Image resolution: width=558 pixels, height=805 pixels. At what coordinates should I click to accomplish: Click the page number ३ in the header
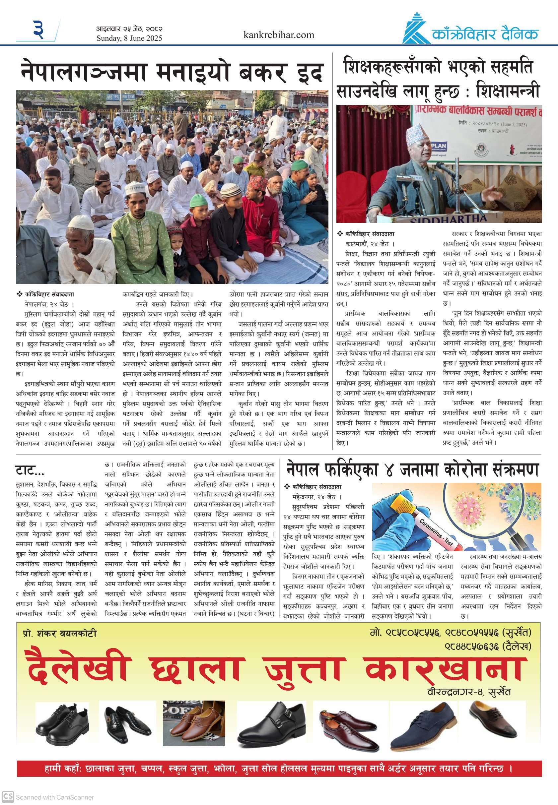click(x=38, y=30)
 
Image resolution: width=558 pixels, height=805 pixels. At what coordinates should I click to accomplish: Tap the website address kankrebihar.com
click(x=279, y=35)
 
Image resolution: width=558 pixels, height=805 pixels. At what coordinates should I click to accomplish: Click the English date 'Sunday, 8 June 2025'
click(x=129, y=38)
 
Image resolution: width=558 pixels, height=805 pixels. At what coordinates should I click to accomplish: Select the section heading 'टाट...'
click(x=30, y=470)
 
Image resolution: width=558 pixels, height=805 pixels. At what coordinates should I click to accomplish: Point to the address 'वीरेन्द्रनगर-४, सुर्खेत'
click(x=469, y=692)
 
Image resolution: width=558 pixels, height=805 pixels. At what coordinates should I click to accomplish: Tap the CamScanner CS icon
click(x=8, y=797)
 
